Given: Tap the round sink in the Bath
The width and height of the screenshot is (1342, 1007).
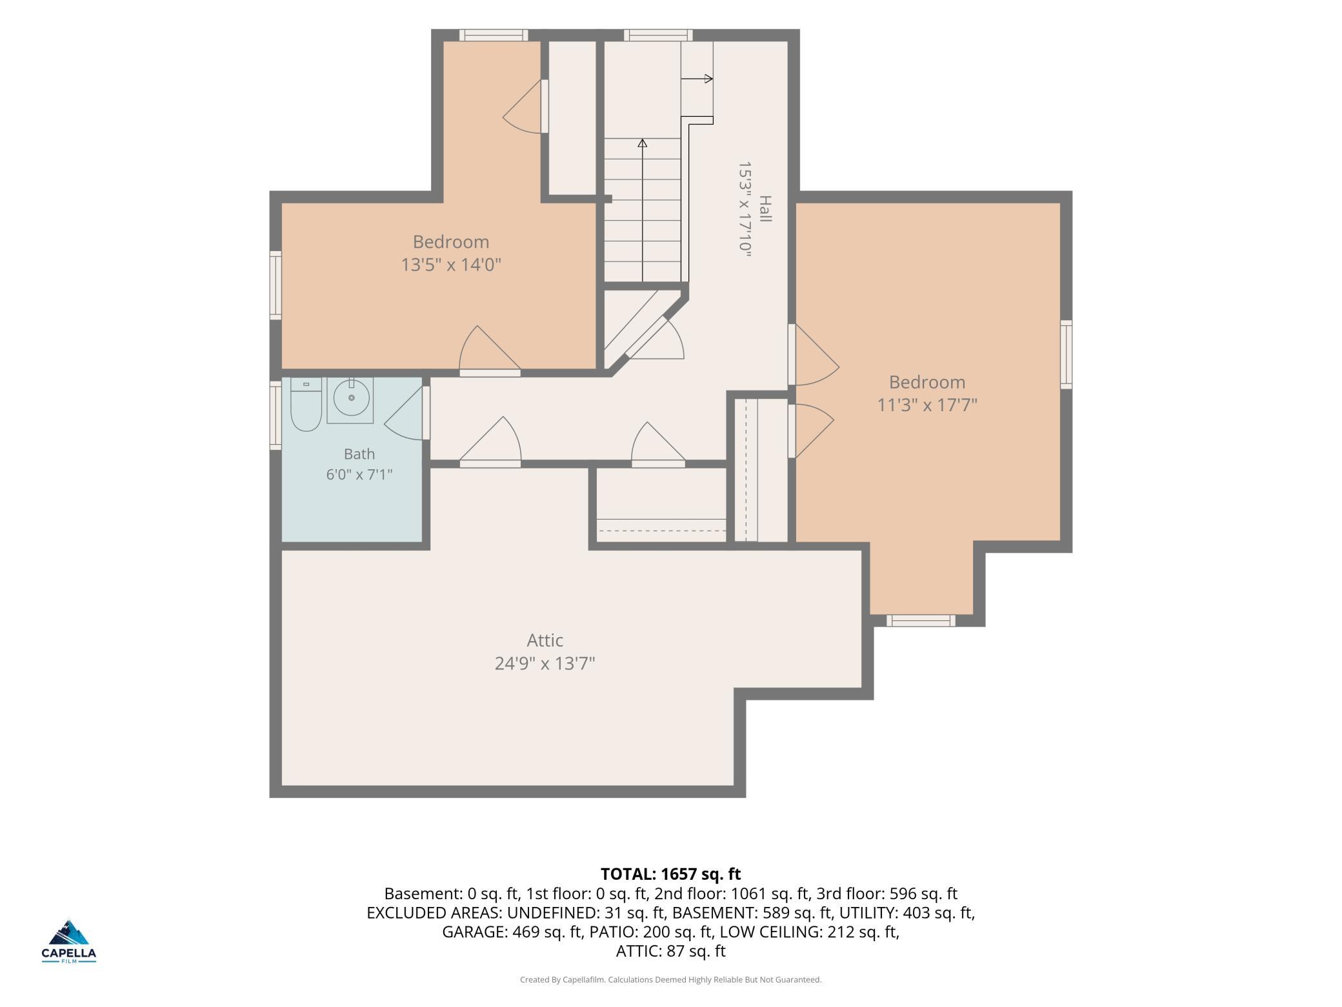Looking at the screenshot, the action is click(x=352, y=398).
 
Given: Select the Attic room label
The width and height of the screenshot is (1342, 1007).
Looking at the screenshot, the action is click(x=545, y=640).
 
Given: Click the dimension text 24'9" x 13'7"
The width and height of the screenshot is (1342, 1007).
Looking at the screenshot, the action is click(x=545, y=664).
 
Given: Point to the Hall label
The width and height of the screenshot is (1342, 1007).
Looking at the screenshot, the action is click(x=765, y=209).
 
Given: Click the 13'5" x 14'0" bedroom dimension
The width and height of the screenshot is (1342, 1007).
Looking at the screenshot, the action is click(x=451, y=265).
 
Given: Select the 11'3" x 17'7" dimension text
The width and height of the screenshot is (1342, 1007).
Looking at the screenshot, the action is click(x=927, y=405).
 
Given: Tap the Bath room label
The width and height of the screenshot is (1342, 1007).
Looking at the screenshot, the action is click(x=359, y=454).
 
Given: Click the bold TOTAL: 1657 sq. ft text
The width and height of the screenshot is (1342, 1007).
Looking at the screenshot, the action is click(x=671, y=874).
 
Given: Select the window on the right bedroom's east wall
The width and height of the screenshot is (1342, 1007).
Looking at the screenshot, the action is click(x=1067, y=354).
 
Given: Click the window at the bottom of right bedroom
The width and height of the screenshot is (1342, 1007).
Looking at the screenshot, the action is click(x=921, y=620).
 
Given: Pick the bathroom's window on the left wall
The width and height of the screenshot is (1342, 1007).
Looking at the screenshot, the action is click(x=275, y=415).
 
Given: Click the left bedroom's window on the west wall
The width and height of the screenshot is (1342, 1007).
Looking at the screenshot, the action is click(x=275, y=285).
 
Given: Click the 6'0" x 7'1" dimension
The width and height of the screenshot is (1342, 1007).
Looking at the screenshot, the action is click(x=359, y=474).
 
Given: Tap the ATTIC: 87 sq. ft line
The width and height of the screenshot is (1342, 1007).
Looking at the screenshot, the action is click(x=671, y=951).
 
